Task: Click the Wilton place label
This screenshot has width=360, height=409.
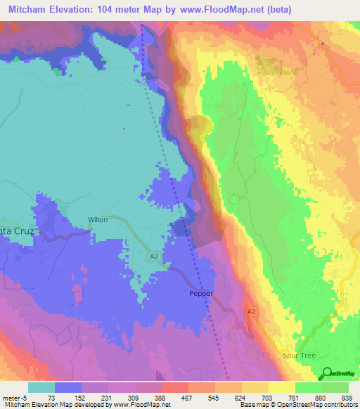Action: pos(98,219)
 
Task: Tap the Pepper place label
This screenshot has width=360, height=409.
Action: pos(200,293)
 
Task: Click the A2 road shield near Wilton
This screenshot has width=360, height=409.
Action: pos(153,257)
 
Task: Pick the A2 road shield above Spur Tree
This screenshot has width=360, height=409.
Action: pos(251,311)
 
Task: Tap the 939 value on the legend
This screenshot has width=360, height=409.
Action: pos(346,397)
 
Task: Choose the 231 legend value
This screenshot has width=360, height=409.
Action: pos(108,397)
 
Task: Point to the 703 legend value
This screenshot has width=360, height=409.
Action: pos(269,397)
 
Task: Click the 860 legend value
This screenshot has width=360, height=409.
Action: pos(321,397)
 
